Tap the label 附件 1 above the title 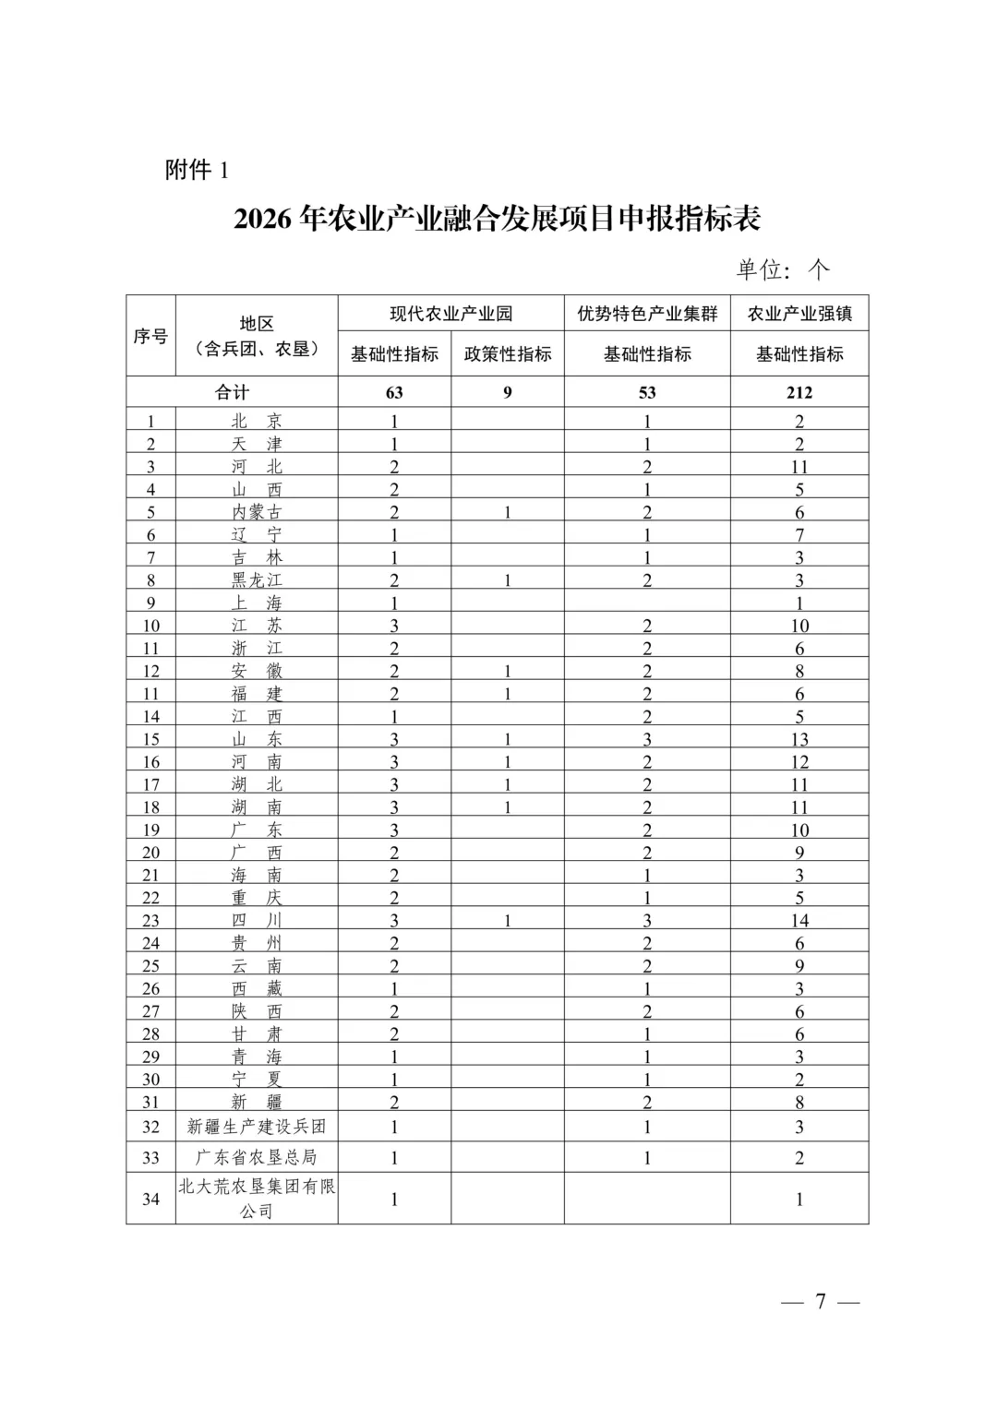coord(196,171)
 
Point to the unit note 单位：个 coord(783,269)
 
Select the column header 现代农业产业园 coord(450,314)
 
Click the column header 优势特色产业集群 coord(647,314)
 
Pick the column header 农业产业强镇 coord(799,314)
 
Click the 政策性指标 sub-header coord(508,354)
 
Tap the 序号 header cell coord(150,336)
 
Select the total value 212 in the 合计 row coord(799,392)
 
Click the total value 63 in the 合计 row coord(394,392)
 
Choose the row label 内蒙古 coord(257,512)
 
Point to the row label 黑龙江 coord(257,580)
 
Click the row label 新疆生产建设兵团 coord(257,1127)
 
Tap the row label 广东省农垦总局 coord(257,1157)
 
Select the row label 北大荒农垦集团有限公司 coord(257,1199)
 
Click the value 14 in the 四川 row coord(799,921)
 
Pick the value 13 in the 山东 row coord(799,739)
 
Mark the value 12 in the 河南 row coord(799,762)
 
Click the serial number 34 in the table coord(150,1200)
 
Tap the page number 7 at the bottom coord(820,1302)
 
